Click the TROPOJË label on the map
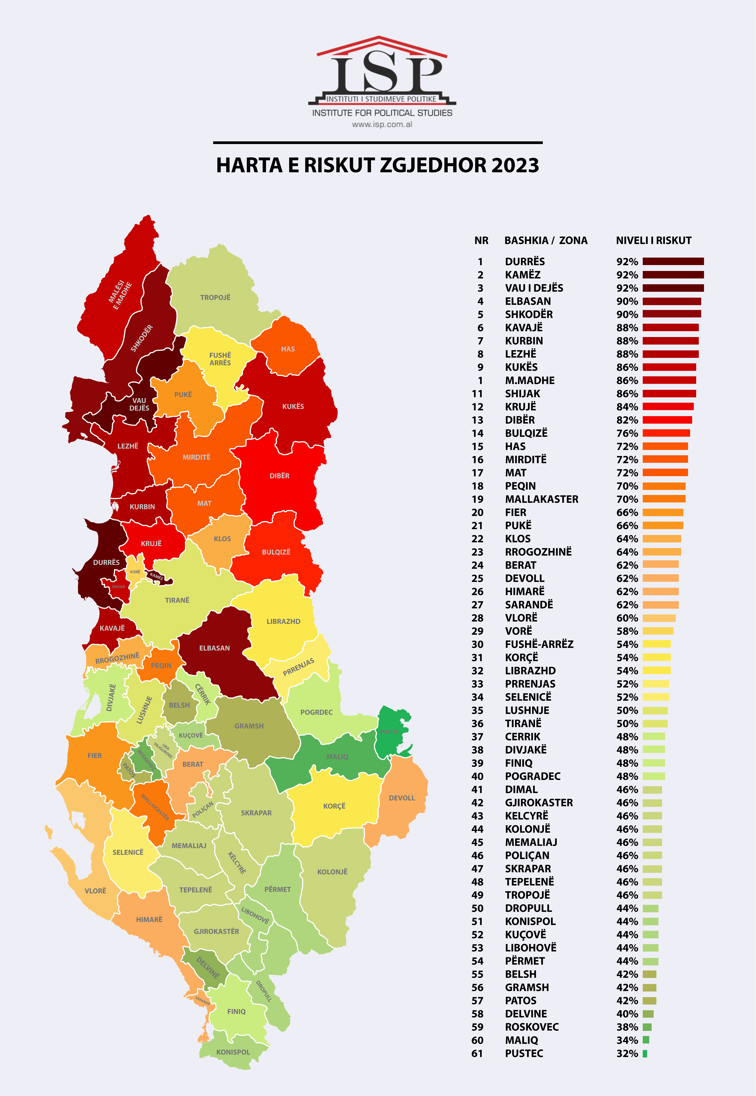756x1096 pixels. tap(215, 297)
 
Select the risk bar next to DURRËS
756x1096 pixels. tap(673, 261)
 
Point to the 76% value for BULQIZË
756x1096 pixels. tap(627, 433)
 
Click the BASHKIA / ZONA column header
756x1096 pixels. tap(546, 241)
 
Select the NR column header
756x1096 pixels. tap(481, 241)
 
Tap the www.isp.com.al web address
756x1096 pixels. tap(382, 125)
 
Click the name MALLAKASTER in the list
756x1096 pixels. tap(541, 499)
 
